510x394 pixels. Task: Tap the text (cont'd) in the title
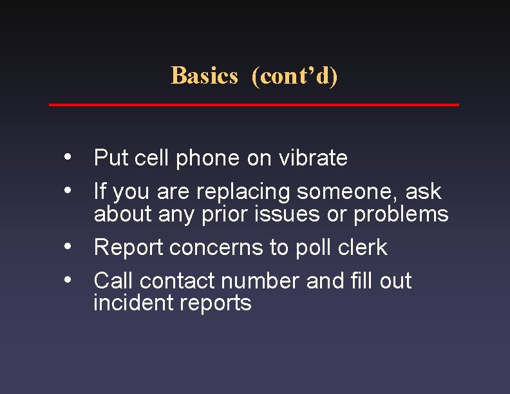pos(294,76)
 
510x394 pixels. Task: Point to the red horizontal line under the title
pos(254,104)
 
